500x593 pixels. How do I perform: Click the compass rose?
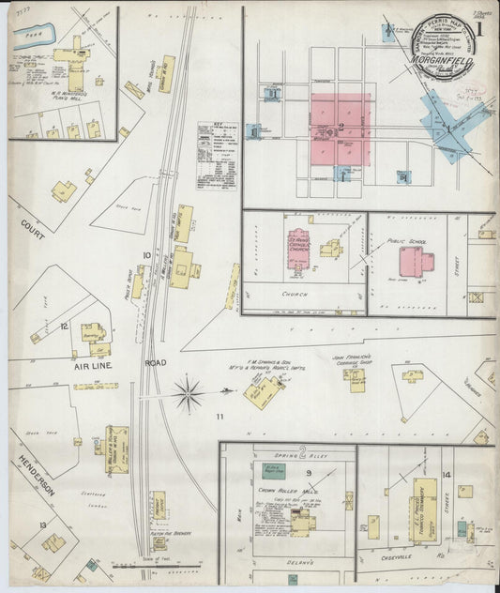click(x=189, y=393)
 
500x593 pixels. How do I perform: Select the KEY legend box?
click(x=216, y=155)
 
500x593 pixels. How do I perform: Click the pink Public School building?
click(x=411, y=261)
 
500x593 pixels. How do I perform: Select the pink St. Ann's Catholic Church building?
click(x=300, y=248)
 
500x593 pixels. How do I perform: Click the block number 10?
click(x=146, y=254)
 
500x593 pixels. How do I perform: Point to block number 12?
click(x=65, y=326)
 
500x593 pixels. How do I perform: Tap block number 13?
click(x=43, y=525)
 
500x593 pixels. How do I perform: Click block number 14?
click(x=447, y=475)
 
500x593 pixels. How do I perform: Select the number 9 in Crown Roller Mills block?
click(x=280, y=473)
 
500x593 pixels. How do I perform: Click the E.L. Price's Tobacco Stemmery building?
click(x=424, y=508)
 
